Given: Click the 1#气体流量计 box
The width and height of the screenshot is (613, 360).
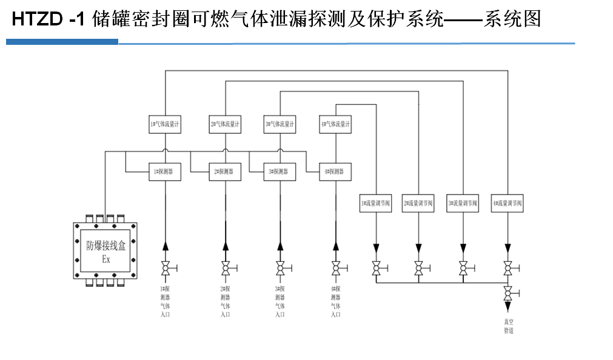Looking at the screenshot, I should pyautogui.click(x=164, y=124).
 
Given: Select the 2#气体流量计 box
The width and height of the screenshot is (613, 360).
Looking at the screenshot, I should pyautogui.click(x=225, y=124).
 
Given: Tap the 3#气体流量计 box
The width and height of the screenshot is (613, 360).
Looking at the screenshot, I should pyautogui.click(x=280, y=124).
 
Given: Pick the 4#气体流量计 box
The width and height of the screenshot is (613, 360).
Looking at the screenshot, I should pyautogui.click(x=336, y=124).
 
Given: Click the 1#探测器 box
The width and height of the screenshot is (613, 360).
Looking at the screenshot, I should pyautogui.click(x=164, y=172).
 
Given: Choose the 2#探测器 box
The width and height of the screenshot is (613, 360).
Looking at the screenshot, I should pyautogui.click(x=225, y=172).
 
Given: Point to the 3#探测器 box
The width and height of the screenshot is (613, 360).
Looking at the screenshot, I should pyautogui.click(x=280, y=172).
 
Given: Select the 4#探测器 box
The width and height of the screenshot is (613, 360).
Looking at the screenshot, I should pyautogui.click(x=336, y=172).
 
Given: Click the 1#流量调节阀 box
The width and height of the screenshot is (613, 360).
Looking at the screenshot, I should pyautogui.click(x=376, y=203).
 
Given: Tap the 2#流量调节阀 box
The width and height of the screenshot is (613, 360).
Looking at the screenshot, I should pyautogui.click(x=418, y=203).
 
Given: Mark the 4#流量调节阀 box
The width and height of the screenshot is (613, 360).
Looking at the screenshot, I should pyautogui.click(x=507, y=203).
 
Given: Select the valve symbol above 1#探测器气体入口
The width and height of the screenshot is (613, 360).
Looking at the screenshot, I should pyautogui.click(x=164, y=268).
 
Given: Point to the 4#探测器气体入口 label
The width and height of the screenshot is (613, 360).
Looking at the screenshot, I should pyautogui.click(x=336, y=301).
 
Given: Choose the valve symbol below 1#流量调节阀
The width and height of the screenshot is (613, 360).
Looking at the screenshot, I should pyautogui.click(x=376, y=268).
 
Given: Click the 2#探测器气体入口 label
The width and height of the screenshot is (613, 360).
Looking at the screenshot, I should pyautogui.click(x=225, y=301).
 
